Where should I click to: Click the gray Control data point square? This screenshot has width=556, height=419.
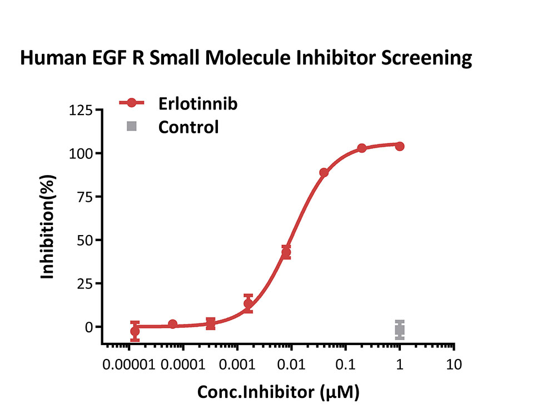pos(400,330)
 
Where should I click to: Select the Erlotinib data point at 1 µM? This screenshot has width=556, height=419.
pos(400,146)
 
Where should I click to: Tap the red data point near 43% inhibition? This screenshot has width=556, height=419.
pos(286,252)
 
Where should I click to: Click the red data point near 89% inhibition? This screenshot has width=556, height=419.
pos(324,173)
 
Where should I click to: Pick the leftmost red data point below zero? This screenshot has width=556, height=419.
pos(135,331)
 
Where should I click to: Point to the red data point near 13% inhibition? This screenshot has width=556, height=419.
pos(249,303)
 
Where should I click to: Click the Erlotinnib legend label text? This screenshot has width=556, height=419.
pos(198,104)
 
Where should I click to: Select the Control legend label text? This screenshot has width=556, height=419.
pos(188,127)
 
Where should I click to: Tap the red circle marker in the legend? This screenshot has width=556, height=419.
pos(132,103)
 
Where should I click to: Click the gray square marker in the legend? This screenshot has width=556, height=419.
pos(132,126)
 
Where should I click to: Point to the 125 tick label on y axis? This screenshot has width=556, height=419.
pos(81,110)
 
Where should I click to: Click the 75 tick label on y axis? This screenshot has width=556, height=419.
pos(85,197)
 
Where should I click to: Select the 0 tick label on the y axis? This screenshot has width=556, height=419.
pos(88,327)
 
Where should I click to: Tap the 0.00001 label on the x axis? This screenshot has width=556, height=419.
pos(129,365)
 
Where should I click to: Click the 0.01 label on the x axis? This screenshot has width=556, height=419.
pos(291,365)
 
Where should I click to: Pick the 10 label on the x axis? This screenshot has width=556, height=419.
pos(454,365)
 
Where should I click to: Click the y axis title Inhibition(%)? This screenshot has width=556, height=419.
pos(47,227)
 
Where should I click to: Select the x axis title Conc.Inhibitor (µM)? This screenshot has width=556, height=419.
pos(279,392)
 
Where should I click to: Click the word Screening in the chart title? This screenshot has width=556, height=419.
pos(426,58)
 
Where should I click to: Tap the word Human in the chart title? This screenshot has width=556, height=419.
pos(53,58)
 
